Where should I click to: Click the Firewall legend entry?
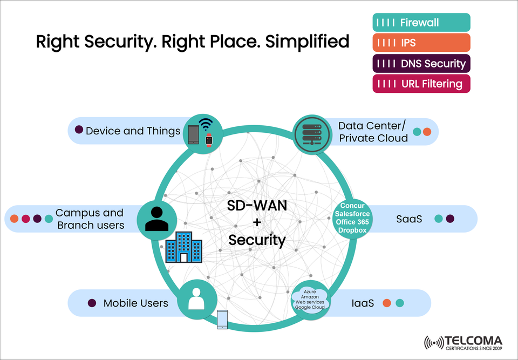(421, 23)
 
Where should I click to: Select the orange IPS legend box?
(421, 43)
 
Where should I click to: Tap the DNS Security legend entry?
(421, 64)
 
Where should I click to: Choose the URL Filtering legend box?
(421, 84)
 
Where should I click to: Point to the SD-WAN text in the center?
(257, 206)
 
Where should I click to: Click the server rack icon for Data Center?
(311, 133)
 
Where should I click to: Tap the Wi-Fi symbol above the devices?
(206, 125)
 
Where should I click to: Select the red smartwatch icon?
(209, 140)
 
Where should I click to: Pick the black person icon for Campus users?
(157, 219)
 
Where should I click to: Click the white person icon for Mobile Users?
(197, 298)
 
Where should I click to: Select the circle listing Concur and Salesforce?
(352, 218)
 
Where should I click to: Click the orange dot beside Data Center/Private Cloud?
(427, 131)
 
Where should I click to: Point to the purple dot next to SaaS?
(450, 219)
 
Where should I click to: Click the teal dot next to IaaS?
(400, 303)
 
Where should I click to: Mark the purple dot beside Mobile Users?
(92, 303)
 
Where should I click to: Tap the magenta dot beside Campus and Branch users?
(25, 219)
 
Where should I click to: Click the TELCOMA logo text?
(473, 341)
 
